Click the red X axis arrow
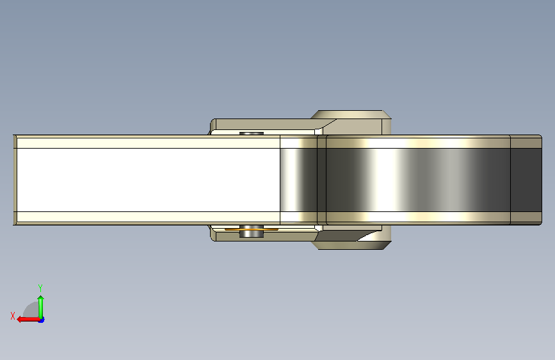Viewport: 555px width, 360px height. point(28,320)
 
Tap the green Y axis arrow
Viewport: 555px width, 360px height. point(41,307)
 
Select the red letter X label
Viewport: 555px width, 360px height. point(13,316)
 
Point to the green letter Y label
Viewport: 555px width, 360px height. point(40,288)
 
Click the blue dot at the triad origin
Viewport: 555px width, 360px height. point(42,320)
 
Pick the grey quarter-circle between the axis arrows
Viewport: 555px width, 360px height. point(32,310)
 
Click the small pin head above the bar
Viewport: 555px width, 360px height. point(252,133)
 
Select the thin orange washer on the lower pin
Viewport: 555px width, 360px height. point(252,229)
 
